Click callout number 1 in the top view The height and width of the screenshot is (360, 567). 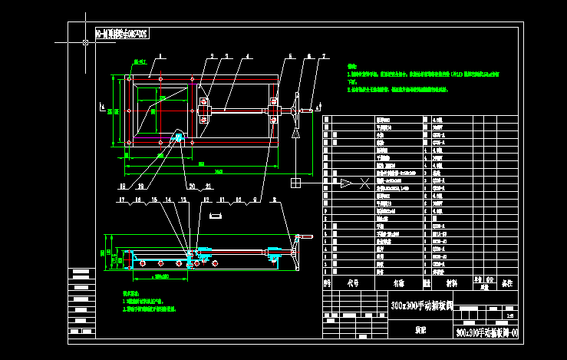[x=163, y=56]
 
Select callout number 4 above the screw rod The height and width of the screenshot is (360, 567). [x=248, y=56]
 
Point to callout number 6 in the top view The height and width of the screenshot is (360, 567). [x=308, y=56]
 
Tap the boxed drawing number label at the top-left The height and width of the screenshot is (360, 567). [x=122, y=33]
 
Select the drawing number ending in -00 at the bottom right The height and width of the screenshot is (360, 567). [x=487, y=333]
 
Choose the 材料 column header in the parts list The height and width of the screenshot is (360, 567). [x=452, y=282]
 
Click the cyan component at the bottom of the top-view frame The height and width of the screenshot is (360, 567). [x=179, y=138]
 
